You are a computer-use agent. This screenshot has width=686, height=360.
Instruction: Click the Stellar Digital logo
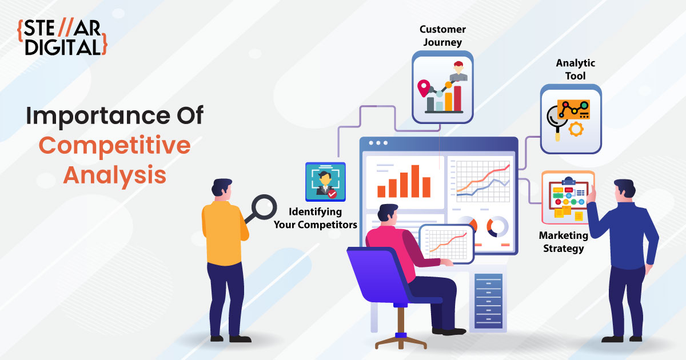(62, 38)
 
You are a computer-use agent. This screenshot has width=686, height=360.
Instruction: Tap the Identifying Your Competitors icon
(325, 182)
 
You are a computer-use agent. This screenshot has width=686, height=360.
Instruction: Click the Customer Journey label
(442, 36)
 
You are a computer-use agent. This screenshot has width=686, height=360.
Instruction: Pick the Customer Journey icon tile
(442, 87)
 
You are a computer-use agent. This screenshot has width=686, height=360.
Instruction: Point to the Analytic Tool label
(576, 70)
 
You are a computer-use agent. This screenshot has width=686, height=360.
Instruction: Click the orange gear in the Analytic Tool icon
(576, 129)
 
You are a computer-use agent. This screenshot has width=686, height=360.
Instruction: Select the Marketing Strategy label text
(564, 242)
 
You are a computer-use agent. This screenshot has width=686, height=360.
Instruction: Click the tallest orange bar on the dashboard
(415, 181)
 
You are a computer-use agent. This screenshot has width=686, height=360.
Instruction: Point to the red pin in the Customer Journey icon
(424, 88)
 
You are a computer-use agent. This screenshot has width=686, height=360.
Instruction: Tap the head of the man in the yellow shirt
(221, 187)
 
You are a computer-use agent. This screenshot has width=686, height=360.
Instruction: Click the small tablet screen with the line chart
(446, 243)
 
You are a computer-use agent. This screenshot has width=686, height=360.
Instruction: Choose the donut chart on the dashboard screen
(497, 227)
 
